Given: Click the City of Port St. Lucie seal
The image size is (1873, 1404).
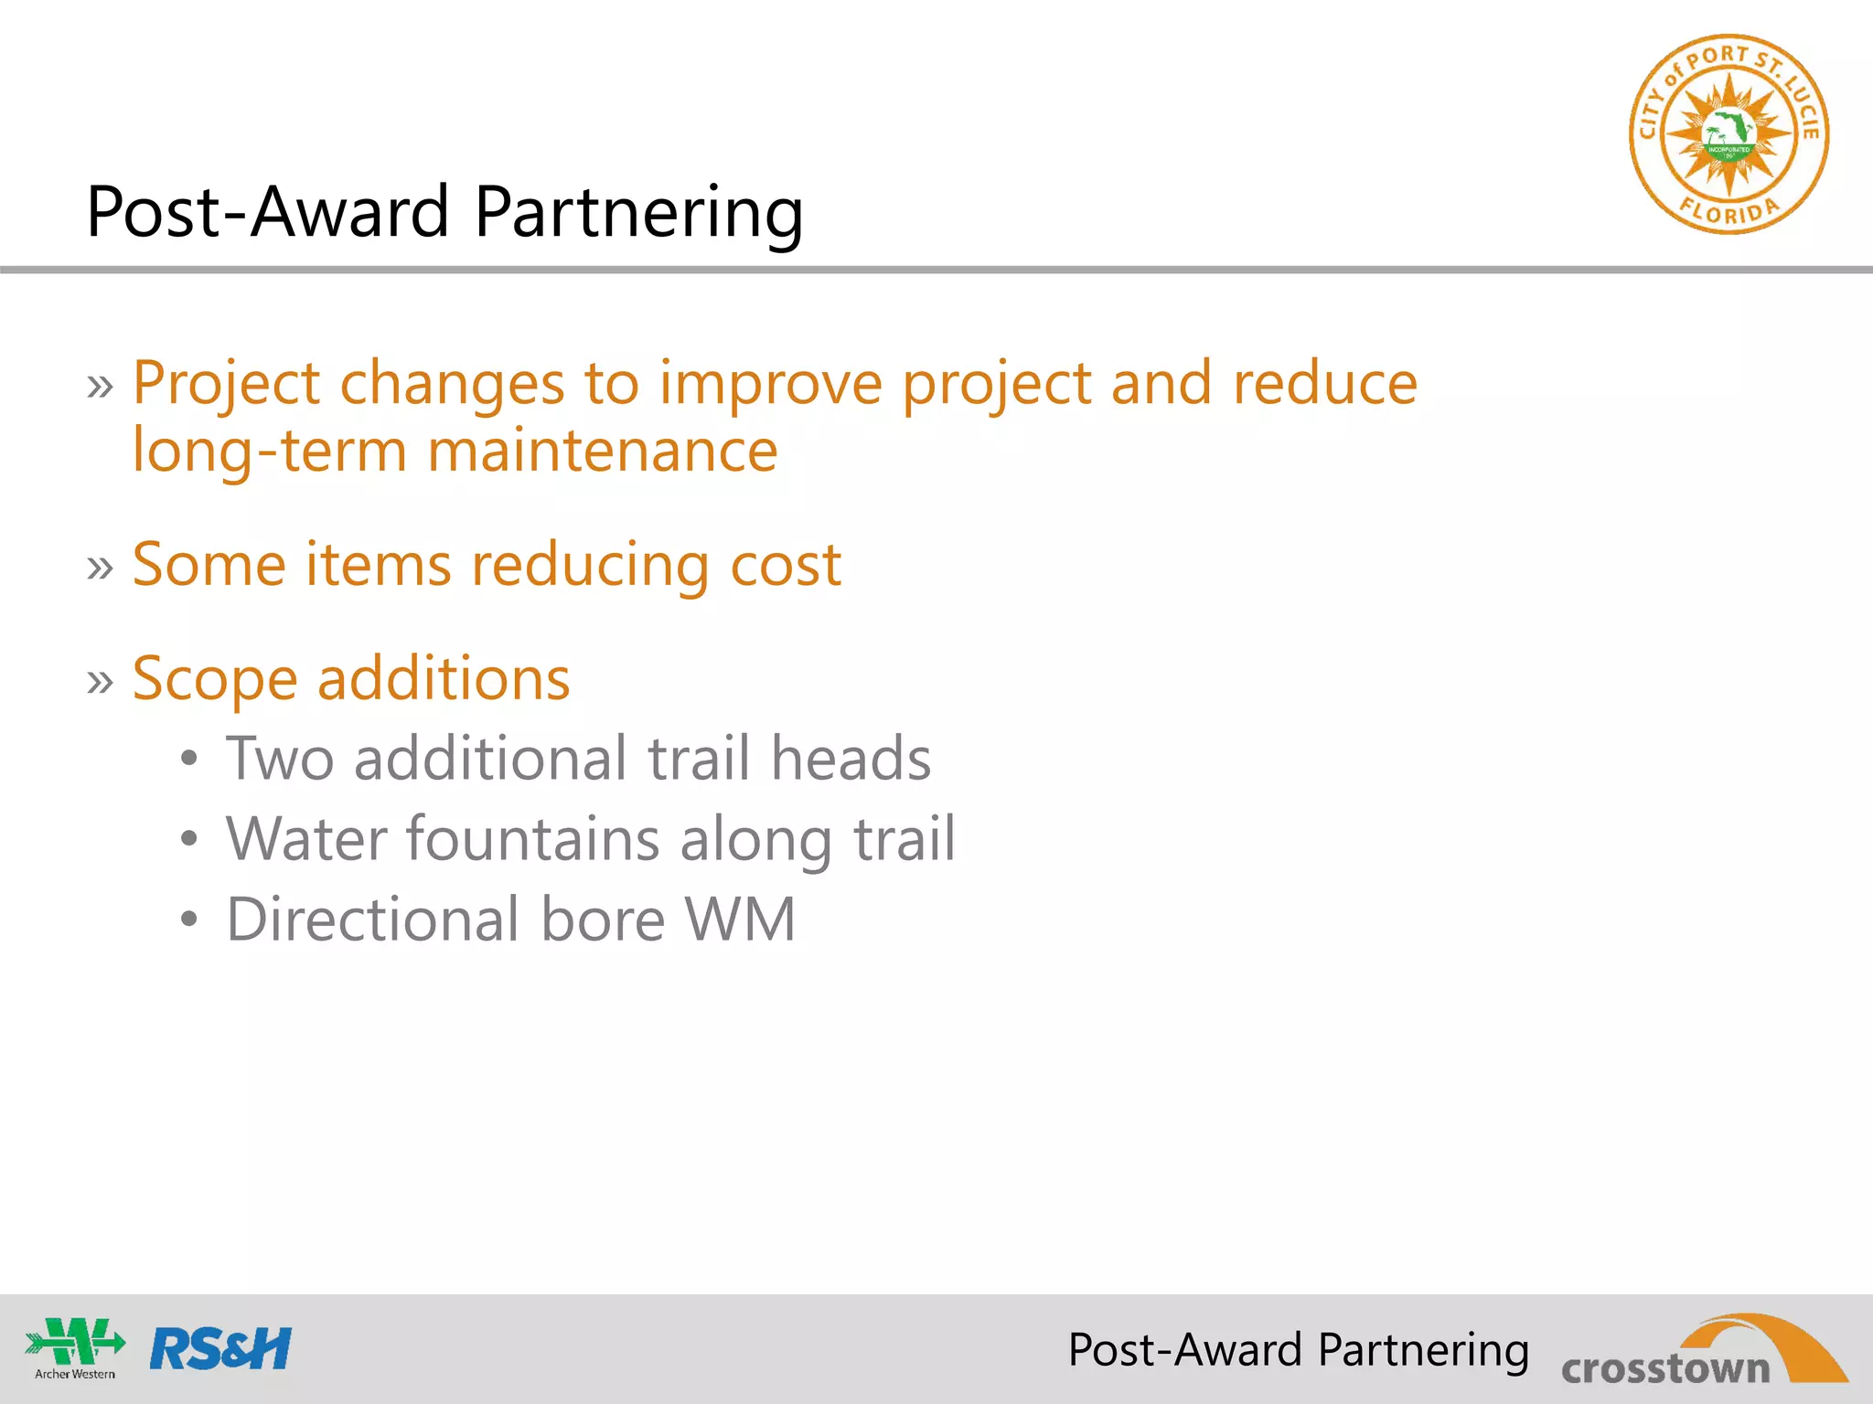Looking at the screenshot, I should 1729,135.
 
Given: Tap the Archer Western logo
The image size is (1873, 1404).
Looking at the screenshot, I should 75,1347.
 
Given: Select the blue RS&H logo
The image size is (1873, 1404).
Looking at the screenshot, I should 220,1349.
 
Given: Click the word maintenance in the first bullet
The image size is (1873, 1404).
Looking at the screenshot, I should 602,452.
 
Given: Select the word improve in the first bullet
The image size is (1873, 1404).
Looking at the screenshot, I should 770,384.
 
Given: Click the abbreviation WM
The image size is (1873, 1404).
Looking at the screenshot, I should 740,920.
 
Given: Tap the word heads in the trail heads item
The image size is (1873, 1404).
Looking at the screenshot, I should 851,759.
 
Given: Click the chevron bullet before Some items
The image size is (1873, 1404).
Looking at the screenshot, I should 101,568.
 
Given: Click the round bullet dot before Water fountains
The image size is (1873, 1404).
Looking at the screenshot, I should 188,839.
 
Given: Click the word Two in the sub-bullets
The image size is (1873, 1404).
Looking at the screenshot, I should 280,759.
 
